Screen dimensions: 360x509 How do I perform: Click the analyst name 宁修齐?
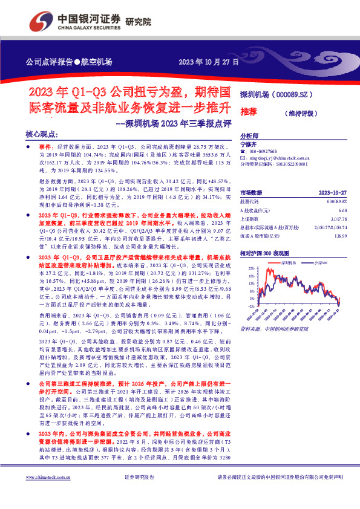pos(249,144)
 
